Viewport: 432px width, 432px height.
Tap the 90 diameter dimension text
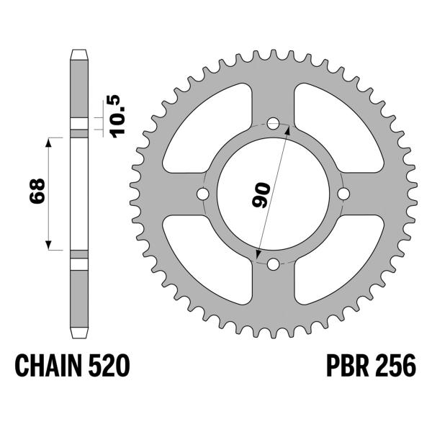261,194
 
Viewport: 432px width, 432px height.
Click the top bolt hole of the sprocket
273,124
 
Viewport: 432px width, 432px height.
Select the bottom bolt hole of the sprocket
273,264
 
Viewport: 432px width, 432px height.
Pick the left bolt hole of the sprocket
202,194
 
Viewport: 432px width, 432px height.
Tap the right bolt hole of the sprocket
343,194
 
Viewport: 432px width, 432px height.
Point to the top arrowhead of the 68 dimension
50,140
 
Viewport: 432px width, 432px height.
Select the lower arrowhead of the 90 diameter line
258,255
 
